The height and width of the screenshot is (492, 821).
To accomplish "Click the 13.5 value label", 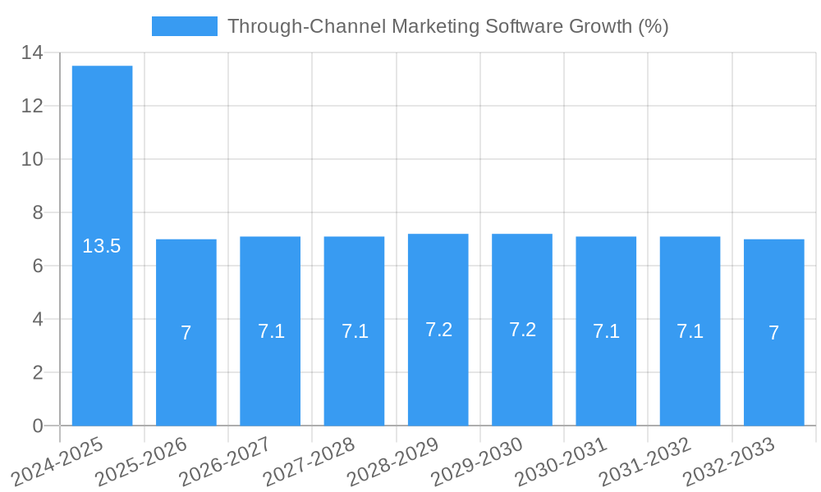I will tap(102, 246).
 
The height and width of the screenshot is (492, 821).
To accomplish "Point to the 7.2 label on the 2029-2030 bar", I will tap(522, 330).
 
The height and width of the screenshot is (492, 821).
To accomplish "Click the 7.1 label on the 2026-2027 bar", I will tap(271, 331).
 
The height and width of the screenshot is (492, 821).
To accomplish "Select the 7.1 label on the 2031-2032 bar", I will tap(690, 331).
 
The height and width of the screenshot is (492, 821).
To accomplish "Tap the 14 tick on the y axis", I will tap(32, 53).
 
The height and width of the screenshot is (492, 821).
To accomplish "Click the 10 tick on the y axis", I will tap(32, 160).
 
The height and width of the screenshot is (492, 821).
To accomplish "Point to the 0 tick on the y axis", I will tap(38, 426).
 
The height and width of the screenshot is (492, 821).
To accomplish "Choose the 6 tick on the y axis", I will tap(38, 266).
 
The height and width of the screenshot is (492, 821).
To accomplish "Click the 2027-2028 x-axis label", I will tap(310, 461).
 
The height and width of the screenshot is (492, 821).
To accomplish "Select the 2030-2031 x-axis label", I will tap(562, 461).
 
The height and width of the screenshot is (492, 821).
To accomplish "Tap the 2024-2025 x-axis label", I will tap(57, 461).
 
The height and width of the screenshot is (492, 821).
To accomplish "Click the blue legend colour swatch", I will tap(185, 26).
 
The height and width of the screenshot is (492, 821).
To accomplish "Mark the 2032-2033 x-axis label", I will tap(729, 461).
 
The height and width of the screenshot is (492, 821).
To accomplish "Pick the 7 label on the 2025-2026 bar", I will tap(186, 333).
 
